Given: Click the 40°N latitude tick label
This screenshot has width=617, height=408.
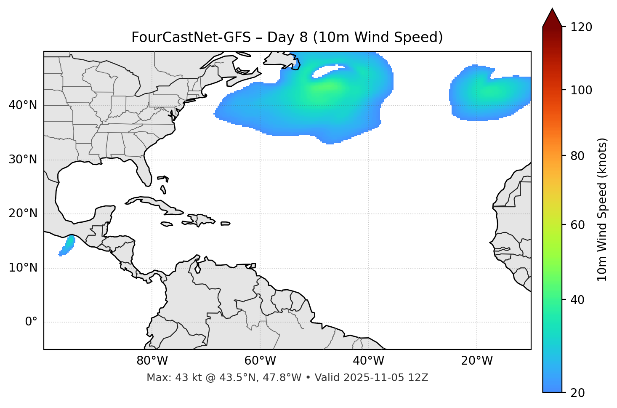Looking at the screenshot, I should (23, 105).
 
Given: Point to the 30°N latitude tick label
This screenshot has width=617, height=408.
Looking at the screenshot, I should (23, 160).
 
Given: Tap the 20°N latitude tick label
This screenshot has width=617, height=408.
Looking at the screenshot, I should (23, 213).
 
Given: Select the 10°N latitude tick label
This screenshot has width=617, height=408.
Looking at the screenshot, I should (23, 268).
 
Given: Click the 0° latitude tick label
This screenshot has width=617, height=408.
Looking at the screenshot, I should (31, 322).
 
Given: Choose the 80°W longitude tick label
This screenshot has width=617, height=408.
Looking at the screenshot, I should (152, 361).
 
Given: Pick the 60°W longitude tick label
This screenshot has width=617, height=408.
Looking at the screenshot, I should (260, 361).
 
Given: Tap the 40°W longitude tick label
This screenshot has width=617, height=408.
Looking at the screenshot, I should (368, 361).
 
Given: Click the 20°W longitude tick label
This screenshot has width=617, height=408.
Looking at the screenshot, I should (476, 361).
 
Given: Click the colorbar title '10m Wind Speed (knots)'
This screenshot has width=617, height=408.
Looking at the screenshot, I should (603, 209).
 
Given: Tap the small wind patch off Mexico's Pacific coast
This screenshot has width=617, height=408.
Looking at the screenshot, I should (67, 246).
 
